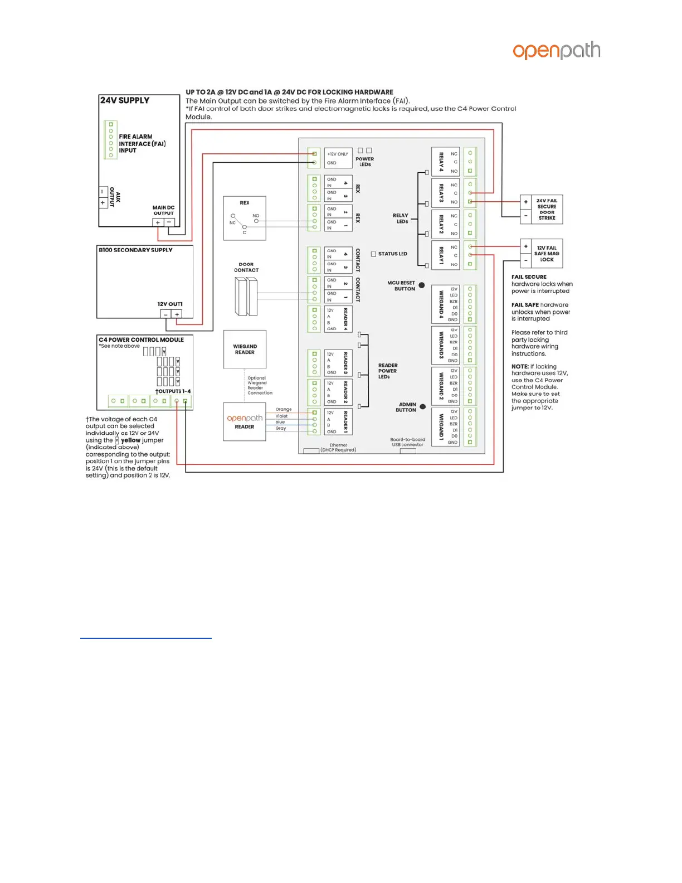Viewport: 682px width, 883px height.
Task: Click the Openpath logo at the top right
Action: pos(556,51)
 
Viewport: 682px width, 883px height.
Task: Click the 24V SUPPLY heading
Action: pos(125,100)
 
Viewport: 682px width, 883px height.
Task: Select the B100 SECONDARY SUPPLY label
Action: pos(135,250)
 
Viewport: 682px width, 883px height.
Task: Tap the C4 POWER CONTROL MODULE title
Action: pos(141,339)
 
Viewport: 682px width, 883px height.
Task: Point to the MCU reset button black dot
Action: pos(422,285)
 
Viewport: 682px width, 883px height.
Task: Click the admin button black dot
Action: pos(423,407)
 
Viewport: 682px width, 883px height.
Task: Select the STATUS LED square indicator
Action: pos(373,254)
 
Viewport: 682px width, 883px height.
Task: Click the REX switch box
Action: pos(245,218)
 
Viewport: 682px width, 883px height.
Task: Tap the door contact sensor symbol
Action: pos(246,296)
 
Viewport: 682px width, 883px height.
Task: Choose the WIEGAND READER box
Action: pos(245,350)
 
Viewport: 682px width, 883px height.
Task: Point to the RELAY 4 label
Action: pos(441,162)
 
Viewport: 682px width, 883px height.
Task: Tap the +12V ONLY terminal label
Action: pos(338,154)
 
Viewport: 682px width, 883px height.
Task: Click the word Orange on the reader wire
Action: pos(284,409)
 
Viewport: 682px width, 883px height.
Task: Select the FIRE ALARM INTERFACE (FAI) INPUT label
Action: pos(142,143)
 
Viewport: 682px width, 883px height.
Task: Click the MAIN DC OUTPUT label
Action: pos(163,210)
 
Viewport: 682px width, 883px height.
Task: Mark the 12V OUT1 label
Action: pos(170,304)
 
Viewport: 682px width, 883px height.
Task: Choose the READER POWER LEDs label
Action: pos(388,371)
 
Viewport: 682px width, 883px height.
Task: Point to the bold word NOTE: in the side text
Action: pos(520,367)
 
